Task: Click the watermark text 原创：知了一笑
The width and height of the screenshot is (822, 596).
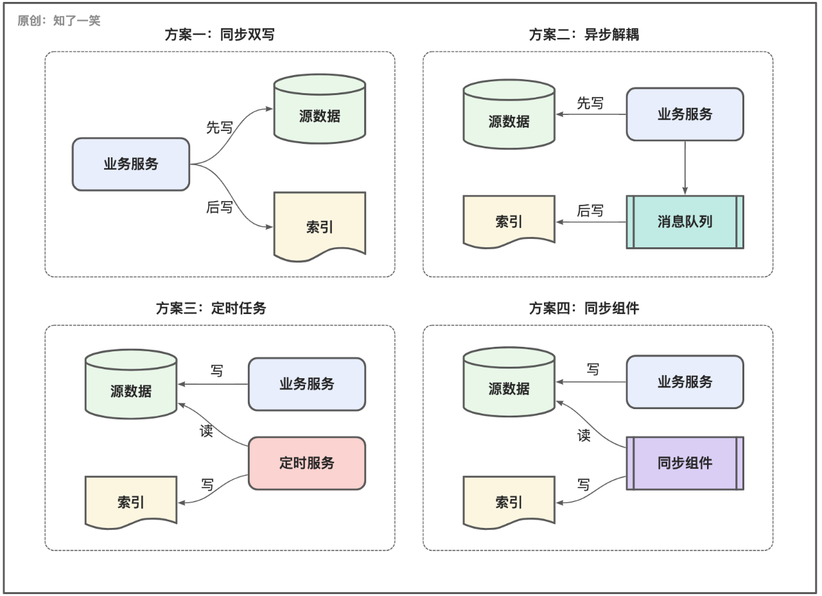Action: (59, 21)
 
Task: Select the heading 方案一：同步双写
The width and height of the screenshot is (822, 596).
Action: (220, 35)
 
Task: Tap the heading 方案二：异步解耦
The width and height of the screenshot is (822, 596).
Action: (584, 35)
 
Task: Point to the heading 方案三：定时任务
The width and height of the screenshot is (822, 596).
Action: (211, 308)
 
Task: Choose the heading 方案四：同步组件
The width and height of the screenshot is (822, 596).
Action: (584, 308)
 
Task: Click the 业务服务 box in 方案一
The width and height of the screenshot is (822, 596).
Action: (131, 164)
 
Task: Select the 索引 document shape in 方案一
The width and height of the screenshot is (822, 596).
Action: (319, 226)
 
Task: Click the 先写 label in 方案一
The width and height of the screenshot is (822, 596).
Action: (219, 127)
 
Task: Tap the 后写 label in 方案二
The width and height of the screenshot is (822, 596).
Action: (590, 211)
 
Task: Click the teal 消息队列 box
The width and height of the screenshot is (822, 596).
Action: (685, 222)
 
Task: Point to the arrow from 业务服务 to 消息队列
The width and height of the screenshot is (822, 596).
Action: (685, 167)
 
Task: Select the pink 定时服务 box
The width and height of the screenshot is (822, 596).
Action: (306, 463)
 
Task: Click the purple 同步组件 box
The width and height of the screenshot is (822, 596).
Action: (685, 463)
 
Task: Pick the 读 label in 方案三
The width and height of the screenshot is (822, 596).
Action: (206, 431)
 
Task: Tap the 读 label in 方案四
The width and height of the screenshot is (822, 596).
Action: (584, 435)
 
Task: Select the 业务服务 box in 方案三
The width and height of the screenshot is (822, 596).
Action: (306, 384)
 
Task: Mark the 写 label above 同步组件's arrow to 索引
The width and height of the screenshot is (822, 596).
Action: (583, 485)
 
